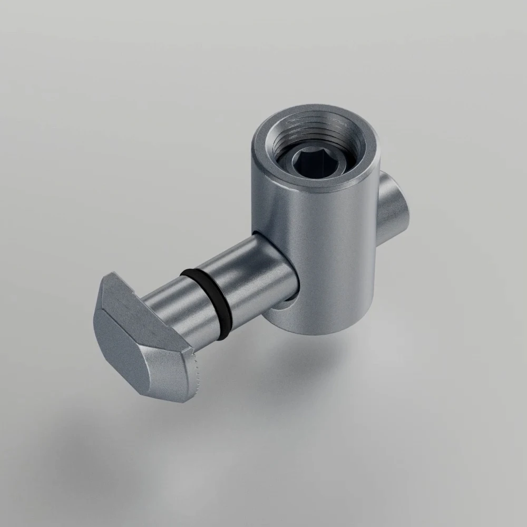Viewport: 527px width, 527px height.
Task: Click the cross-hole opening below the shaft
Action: click(282, 308)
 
